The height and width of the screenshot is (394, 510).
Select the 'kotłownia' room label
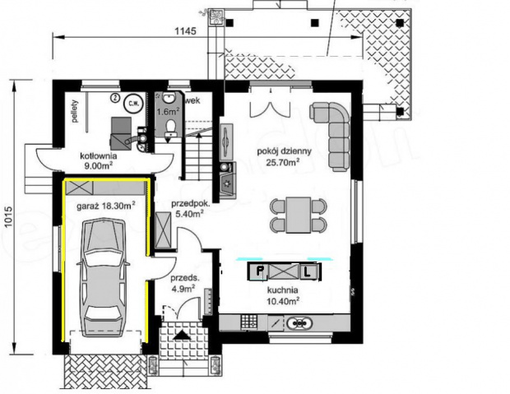click(x=98, y=155)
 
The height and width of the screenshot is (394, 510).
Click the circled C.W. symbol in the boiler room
click(x=132, y=104)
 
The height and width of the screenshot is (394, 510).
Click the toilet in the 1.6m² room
click(x=169, y=126)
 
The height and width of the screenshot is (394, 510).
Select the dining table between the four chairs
click(x=298, y=214)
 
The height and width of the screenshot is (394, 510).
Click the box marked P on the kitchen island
click(x=260, y=271)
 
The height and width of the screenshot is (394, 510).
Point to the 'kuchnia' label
click(x=280, y=290)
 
